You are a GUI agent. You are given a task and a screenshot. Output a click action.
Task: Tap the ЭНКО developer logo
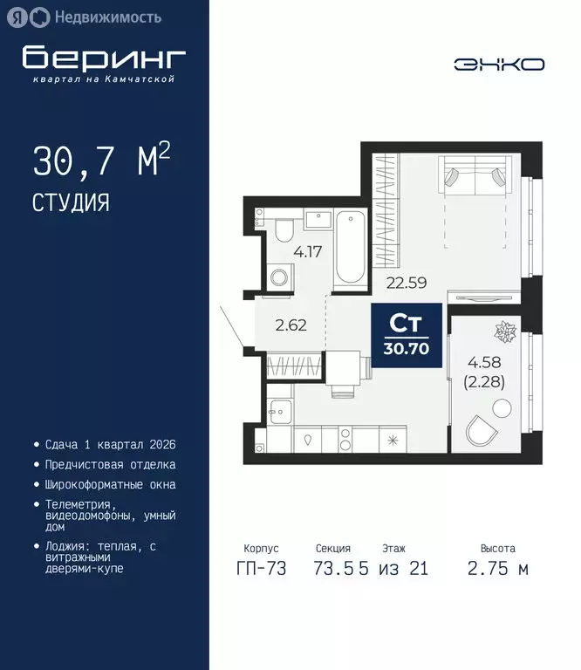[x=499, y=65]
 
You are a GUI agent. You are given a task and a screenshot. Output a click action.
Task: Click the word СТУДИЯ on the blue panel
[x=71, y=203]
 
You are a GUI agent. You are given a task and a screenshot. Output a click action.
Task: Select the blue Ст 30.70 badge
[x=406, y=336]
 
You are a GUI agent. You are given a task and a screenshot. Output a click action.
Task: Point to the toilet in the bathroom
[x=283, y=231]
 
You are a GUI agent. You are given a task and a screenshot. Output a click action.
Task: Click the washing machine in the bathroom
[x=280, y=278]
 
